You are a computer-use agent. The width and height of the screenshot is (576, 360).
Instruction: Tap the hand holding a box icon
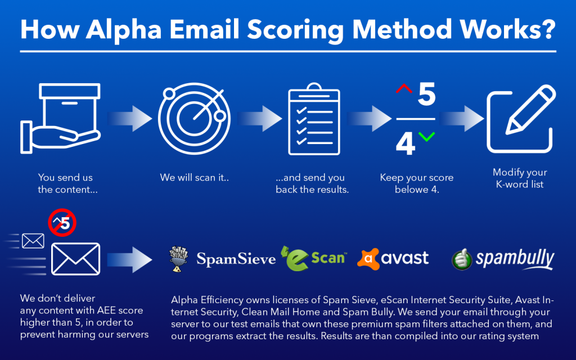[x=61, y=118]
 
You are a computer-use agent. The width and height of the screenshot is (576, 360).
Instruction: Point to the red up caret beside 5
[x=404, y=88]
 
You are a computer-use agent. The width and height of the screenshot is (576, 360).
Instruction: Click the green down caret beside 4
[x=426, y=137]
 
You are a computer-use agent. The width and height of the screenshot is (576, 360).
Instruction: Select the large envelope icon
[x=76, y=259]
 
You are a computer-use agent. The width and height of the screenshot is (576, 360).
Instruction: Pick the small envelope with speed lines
[x=33, y=241]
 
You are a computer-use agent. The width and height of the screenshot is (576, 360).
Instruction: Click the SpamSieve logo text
[x=236, y=259]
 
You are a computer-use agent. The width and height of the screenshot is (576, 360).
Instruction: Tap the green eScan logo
[x=313, y=258]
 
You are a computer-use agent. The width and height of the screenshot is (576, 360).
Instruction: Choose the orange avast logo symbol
[x=368, y=259]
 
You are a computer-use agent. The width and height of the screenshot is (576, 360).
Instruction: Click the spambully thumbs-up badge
[x=462, y=259]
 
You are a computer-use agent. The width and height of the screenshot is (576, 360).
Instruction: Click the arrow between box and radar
[x=130, y=118]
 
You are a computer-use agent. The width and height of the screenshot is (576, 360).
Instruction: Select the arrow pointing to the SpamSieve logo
[x=130, y=260]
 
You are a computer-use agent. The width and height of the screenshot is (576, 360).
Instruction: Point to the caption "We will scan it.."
[x=194, y=177]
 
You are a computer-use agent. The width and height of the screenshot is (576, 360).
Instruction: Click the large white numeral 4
[x=405, y=143]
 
